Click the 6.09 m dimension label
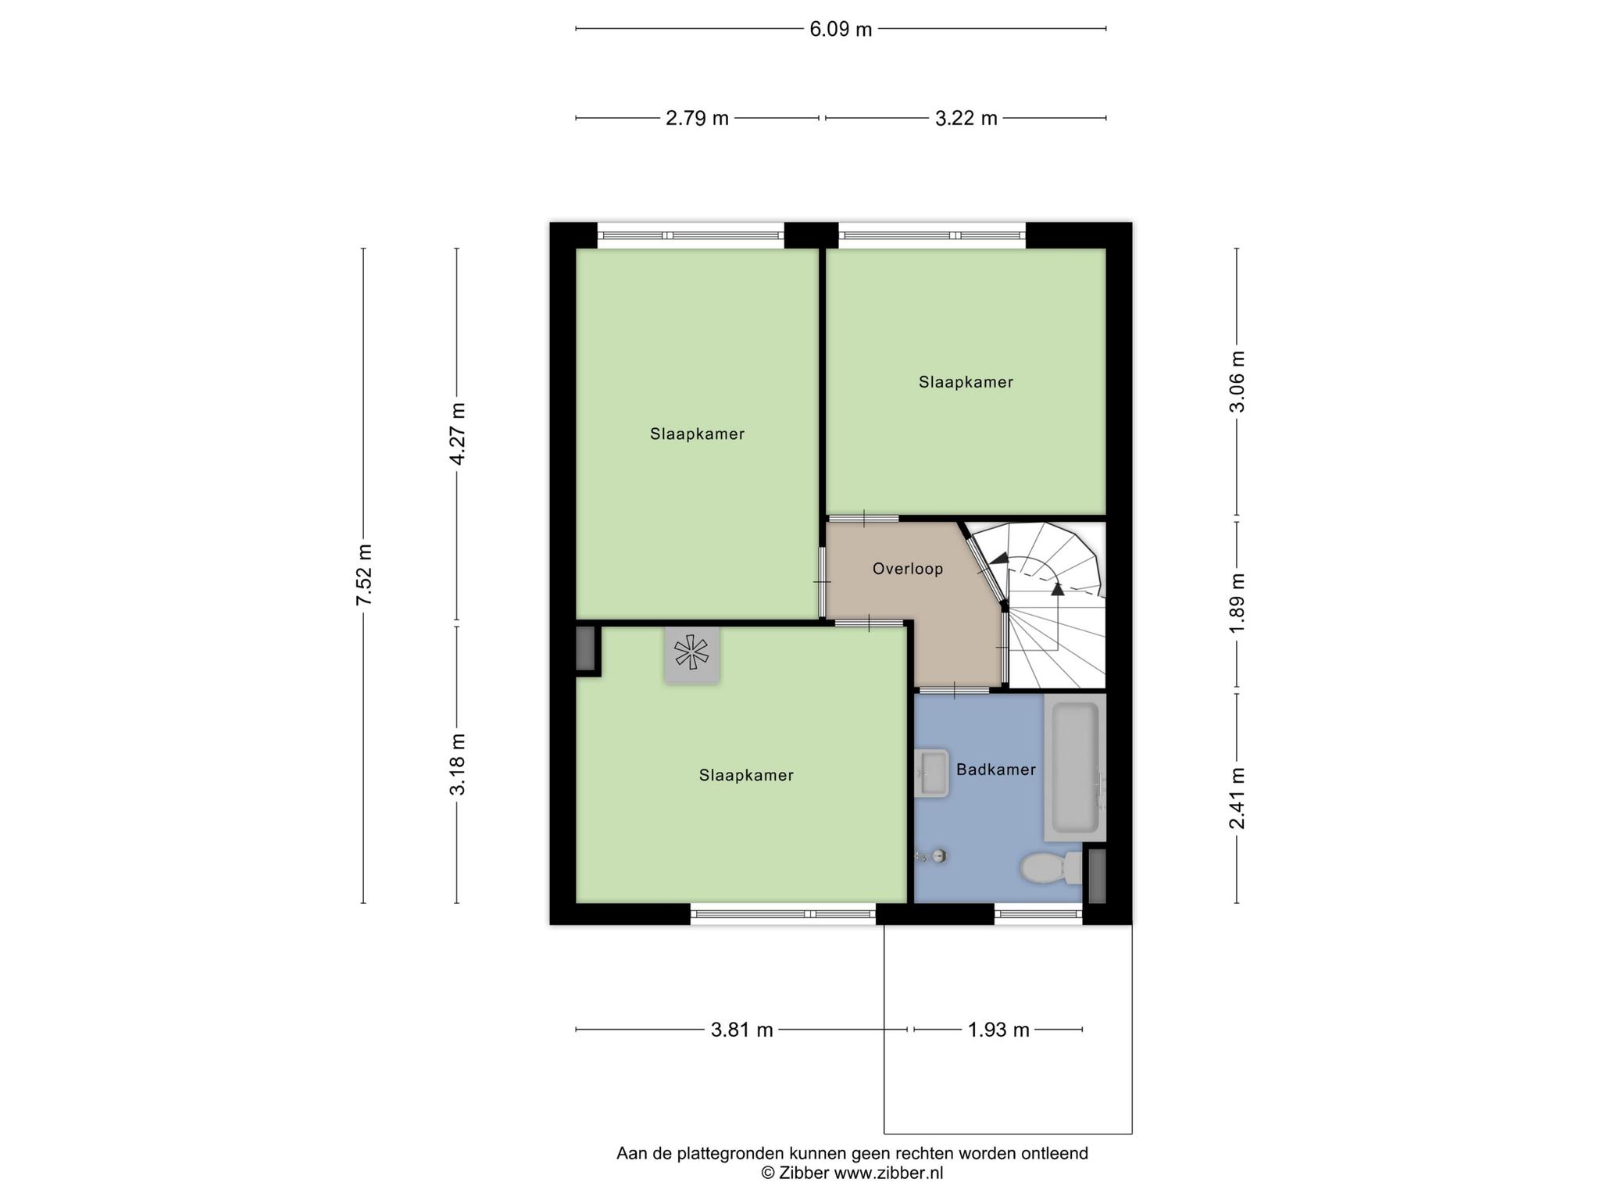tap(841, 30)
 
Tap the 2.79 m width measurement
tap(697, 119)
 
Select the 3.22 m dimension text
tap(966, 119)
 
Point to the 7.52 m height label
tap(364, 574)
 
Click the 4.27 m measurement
tap(458, 434)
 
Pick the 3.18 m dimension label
tap(458, 764)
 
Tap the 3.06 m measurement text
tap(1237, 381)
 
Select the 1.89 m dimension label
tap(1237, 605)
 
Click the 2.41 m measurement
tap(1237, 798)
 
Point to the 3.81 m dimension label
tap(741, 1030)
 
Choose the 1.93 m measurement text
tap(998, 1030)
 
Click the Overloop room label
tap(908, 569)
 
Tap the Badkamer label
tap(996, 770)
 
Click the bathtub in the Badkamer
tap(1075, 768)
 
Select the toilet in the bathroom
tap(1051, 868)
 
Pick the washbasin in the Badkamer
tap(931, 773)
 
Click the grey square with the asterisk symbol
tap(692, 655)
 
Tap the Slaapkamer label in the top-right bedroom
tap(966, 383)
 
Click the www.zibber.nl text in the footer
tap(889, 1173)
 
